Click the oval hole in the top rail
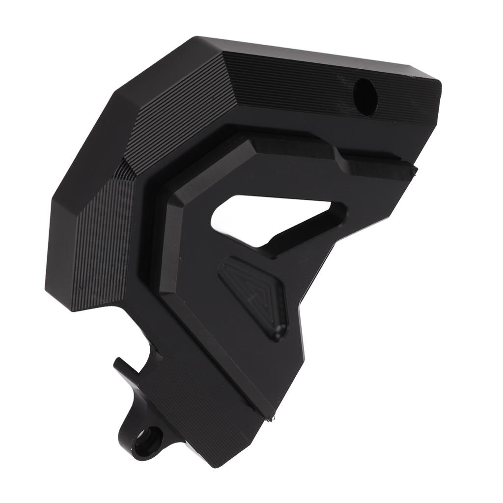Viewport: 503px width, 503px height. click(365, 97)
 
